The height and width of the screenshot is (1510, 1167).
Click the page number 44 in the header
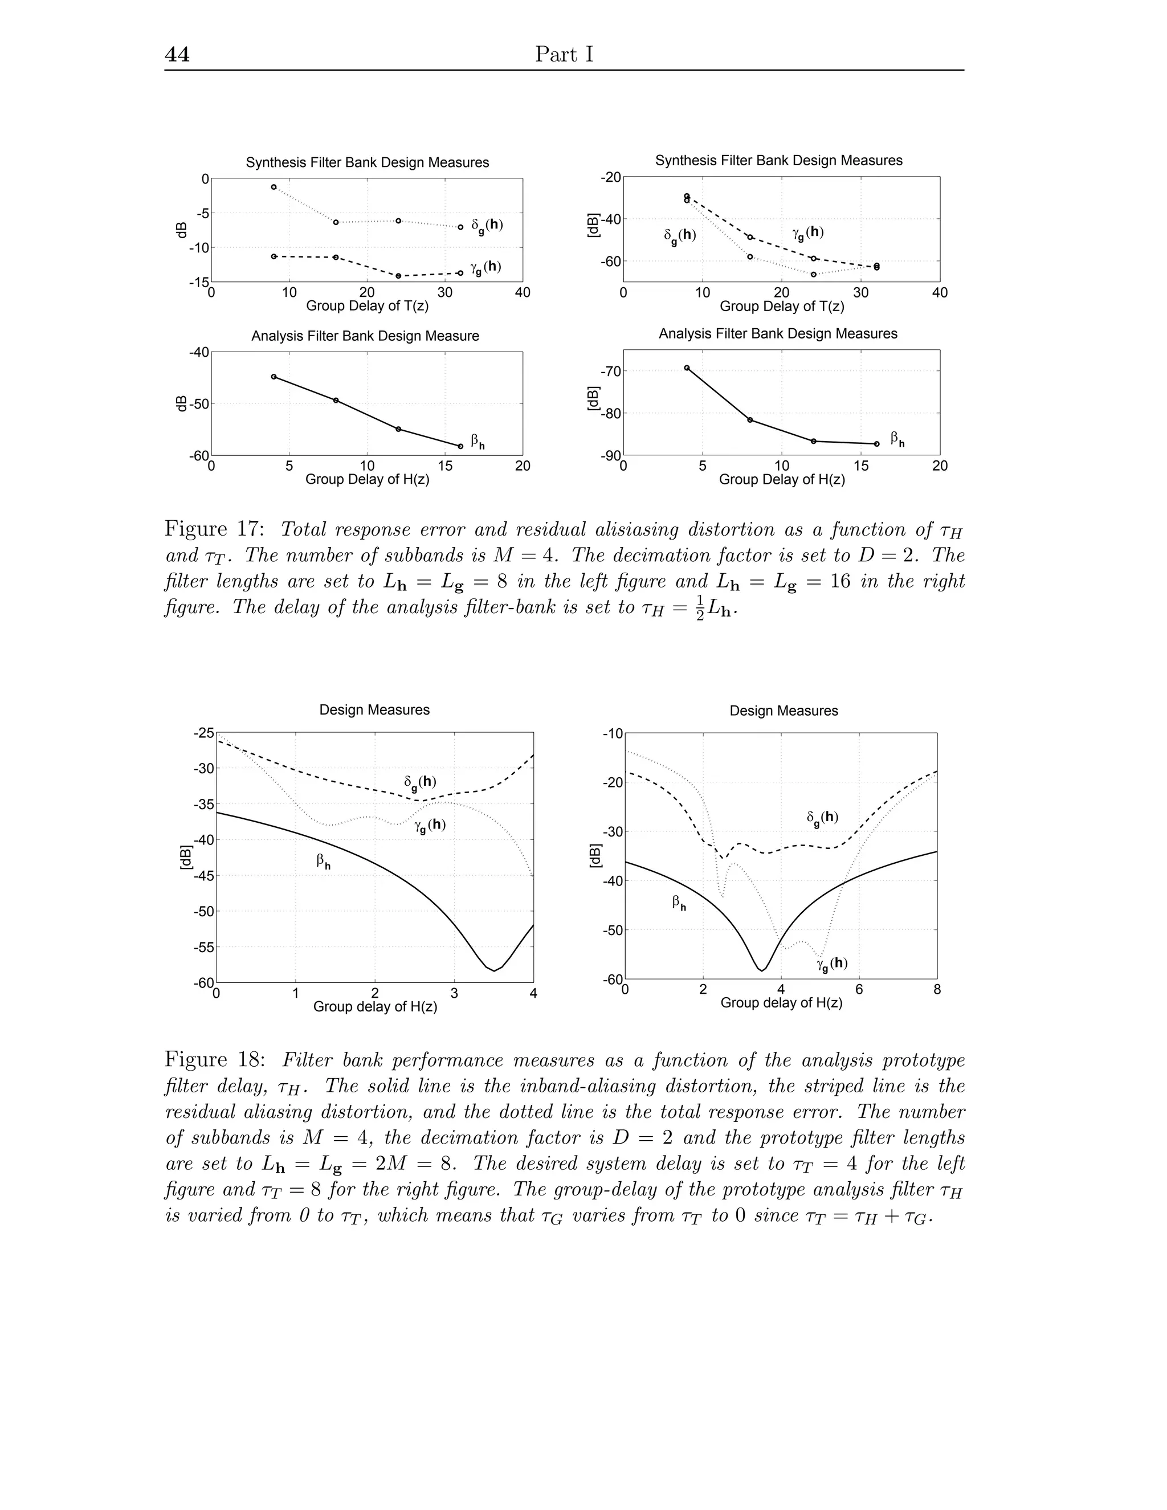click(x=177, y=55)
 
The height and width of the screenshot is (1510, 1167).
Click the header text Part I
click(x=564, y=55)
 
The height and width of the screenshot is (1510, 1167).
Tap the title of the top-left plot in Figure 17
click(x=367, y=162)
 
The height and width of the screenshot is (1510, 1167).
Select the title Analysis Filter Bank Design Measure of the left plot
click(x=365, y=336)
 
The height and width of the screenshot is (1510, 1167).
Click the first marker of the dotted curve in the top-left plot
click(x=274, y=187)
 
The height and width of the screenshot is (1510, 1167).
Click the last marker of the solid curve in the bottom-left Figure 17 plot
click(x=460, y=446)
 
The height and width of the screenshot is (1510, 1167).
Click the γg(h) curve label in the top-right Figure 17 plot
click(x=807, y=233)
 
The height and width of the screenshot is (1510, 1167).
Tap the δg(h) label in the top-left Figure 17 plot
click(x=487, y=225)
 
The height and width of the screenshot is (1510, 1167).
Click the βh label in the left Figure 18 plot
click(x=323, y=862)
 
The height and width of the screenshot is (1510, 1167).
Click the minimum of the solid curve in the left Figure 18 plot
click(x=493, y=971)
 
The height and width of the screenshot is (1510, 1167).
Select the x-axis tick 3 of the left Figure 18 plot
click(x=454, y=994)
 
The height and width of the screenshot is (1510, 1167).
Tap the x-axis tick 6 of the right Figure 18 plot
click(x=859, y=989)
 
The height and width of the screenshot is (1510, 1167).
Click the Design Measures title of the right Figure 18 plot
click(x=784, y=711)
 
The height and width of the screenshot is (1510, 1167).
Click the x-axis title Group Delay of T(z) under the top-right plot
click(x=781, y=307)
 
